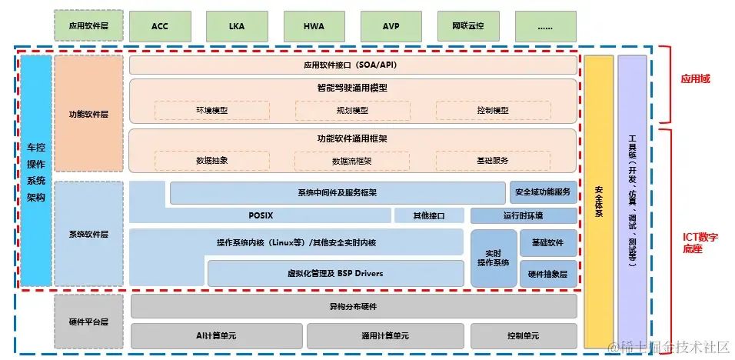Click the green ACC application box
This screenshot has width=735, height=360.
(160, 26)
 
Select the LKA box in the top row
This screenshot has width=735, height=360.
(237, 26)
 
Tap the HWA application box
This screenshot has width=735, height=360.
(314, 26)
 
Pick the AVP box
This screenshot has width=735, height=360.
(391, 26)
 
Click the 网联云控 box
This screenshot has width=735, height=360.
(468, 26)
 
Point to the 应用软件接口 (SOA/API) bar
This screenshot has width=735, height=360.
(352, 65)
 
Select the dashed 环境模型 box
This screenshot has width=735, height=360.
(211, 111)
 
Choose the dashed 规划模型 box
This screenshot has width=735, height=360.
(352, 111)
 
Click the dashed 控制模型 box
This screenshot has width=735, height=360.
(493, 111)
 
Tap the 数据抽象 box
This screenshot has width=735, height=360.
(211, 161)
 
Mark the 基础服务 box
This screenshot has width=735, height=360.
(493, 161)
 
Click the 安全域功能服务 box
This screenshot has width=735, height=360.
(543, 192)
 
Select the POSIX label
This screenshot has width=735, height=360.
(261, 215)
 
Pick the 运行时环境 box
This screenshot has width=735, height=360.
(523, 215)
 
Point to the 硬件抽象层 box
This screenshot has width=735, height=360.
(547, 273)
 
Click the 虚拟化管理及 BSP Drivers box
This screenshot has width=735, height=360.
(335, 273)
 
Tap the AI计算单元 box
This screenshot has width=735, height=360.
(216, 336)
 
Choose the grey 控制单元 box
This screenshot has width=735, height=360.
(524, 336)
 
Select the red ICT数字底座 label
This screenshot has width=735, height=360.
(702, 243)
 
